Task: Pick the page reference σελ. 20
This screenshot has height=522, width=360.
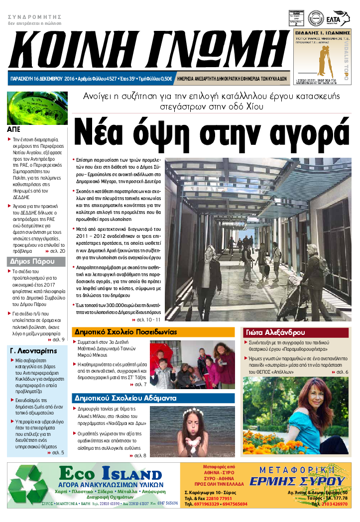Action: [56, 251]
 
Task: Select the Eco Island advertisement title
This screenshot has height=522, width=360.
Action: [111, 474]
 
